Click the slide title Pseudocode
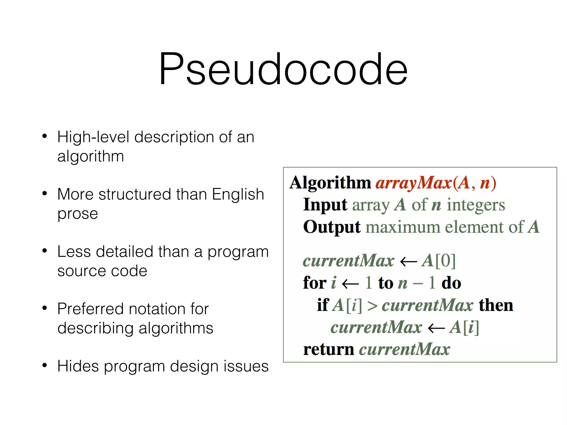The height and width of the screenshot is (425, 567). (283, 69)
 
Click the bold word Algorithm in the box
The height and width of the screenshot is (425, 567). (330, 183)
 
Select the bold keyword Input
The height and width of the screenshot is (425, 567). (325, 205)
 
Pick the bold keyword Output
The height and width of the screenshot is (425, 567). (332, 227)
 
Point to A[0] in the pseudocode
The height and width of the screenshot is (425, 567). (439, 261)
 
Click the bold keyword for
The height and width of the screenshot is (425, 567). (315, 283)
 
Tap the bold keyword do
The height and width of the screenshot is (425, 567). (451, 283)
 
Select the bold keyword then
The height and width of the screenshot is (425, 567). (496, 305)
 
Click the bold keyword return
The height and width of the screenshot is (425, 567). (328, 349)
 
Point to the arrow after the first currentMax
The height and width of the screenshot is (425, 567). (408, 261)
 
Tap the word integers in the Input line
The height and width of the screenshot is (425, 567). (476, 205)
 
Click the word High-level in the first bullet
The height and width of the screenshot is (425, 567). (93, 137)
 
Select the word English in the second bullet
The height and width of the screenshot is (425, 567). (238, 194)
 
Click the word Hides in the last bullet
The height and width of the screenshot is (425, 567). (78, 366)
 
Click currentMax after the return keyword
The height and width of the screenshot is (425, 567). (404, 349)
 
